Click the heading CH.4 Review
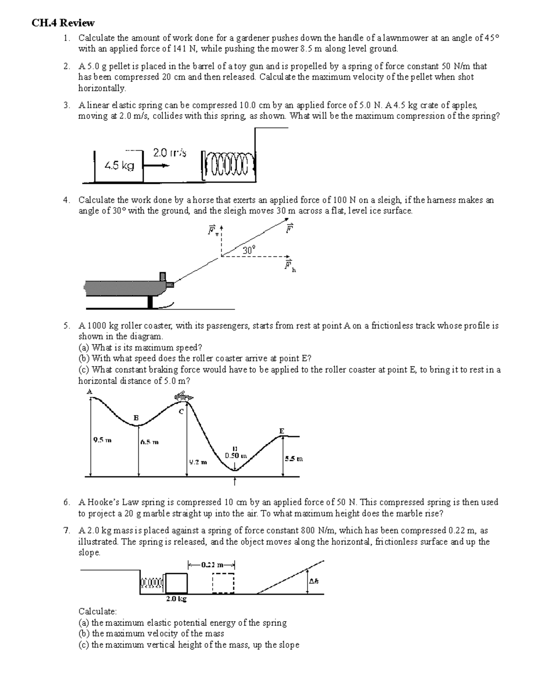[63, 23]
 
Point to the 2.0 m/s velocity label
[170, 153]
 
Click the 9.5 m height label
[102, 440]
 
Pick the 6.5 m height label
[150, 442]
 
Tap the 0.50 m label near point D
[233, 456]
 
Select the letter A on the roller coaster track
[89, 392]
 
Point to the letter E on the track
[281, 431]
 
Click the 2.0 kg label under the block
[176, 599]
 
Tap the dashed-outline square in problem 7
[223, 583]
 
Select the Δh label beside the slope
[314, 581]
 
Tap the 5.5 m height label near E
[294, 458]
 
